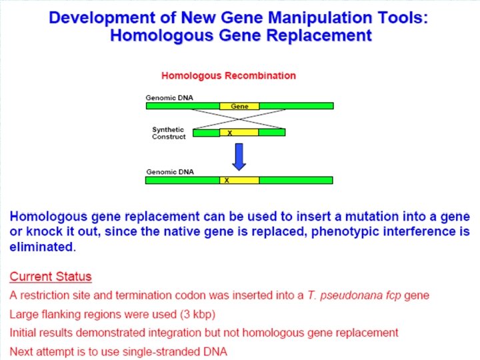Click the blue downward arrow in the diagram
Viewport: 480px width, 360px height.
click(x=239, y=156)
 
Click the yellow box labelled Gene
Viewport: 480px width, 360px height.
click(x=239, y=106)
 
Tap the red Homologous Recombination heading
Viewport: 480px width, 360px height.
click(x=229, y=75)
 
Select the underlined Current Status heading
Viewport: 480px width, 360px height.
click(x=51, y=277)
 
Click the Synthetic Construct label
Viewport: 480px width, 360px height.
click(x=169, y=133)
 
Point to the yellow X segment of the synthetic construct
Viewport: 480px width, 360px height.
click(x=239, y=133)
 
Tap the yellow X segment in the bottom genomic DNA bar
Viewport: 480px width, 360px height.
click(x=239, y=180)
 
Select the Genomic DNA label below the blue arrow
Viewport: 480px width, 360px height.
click(x=169, y=172)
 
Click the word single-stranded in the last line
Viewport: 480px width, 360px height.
click(x=146, y=351)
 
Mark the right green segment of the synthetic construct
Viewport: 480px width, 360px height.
click(x=272, y=133)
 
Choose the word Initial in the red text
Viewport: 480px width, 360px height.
click(x=23, y=332)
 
